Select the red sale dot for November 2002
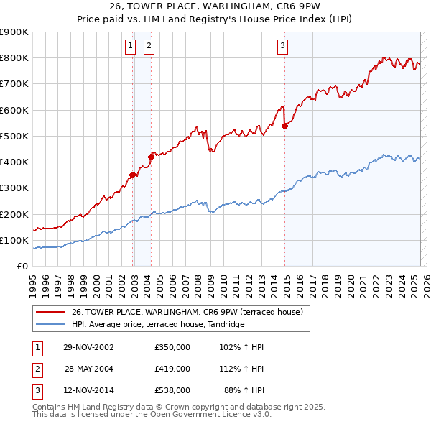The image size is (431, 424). pos(133,174)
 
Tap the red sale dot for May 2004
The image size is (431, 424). pos(151,156)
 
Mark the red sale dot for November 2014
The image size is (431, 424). pos(284,126)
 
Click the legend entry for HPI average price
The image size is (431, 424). pos(157,325)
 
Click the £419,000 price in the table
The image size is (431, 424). pos(172,369)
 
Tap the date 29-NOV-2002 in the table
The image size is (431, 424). pos(88,347)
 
